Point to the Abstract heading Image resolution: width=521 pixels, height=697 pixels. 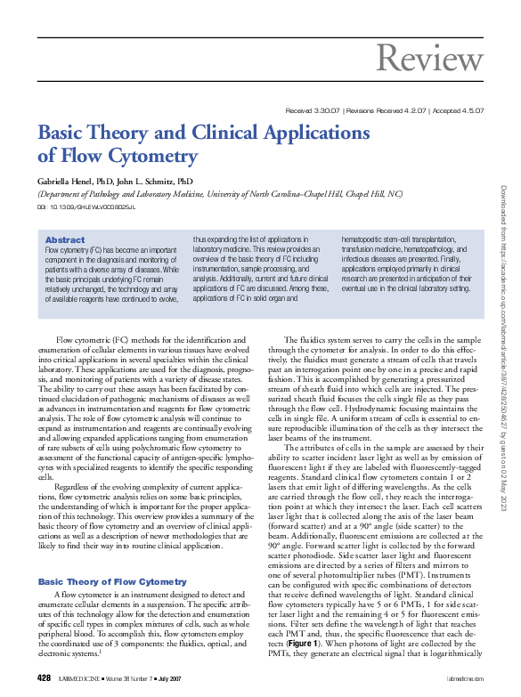pos(65,240)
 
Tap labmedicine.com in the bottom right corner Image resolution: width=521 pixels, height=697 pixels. pos(463,678)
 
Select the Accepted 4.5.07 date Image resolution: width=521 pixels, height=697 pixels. pos(459,110)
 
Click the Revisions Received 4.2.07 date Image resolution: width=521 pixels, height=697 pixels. pos(387,110)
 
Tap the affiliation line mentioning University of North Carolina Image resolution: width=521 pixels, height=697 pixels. pos(219,193)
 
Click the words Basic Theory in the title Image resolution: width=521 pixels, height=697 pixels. pos(90,133)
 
